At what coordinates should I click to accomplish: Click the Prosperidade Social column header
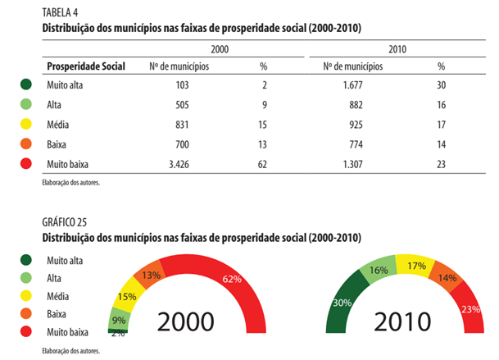click(86, 66)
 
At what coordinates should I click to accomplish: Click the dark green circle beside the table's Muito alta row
click(27, 85)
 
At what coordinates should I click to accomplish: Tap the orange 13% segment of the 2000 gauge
click(152, 275)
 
